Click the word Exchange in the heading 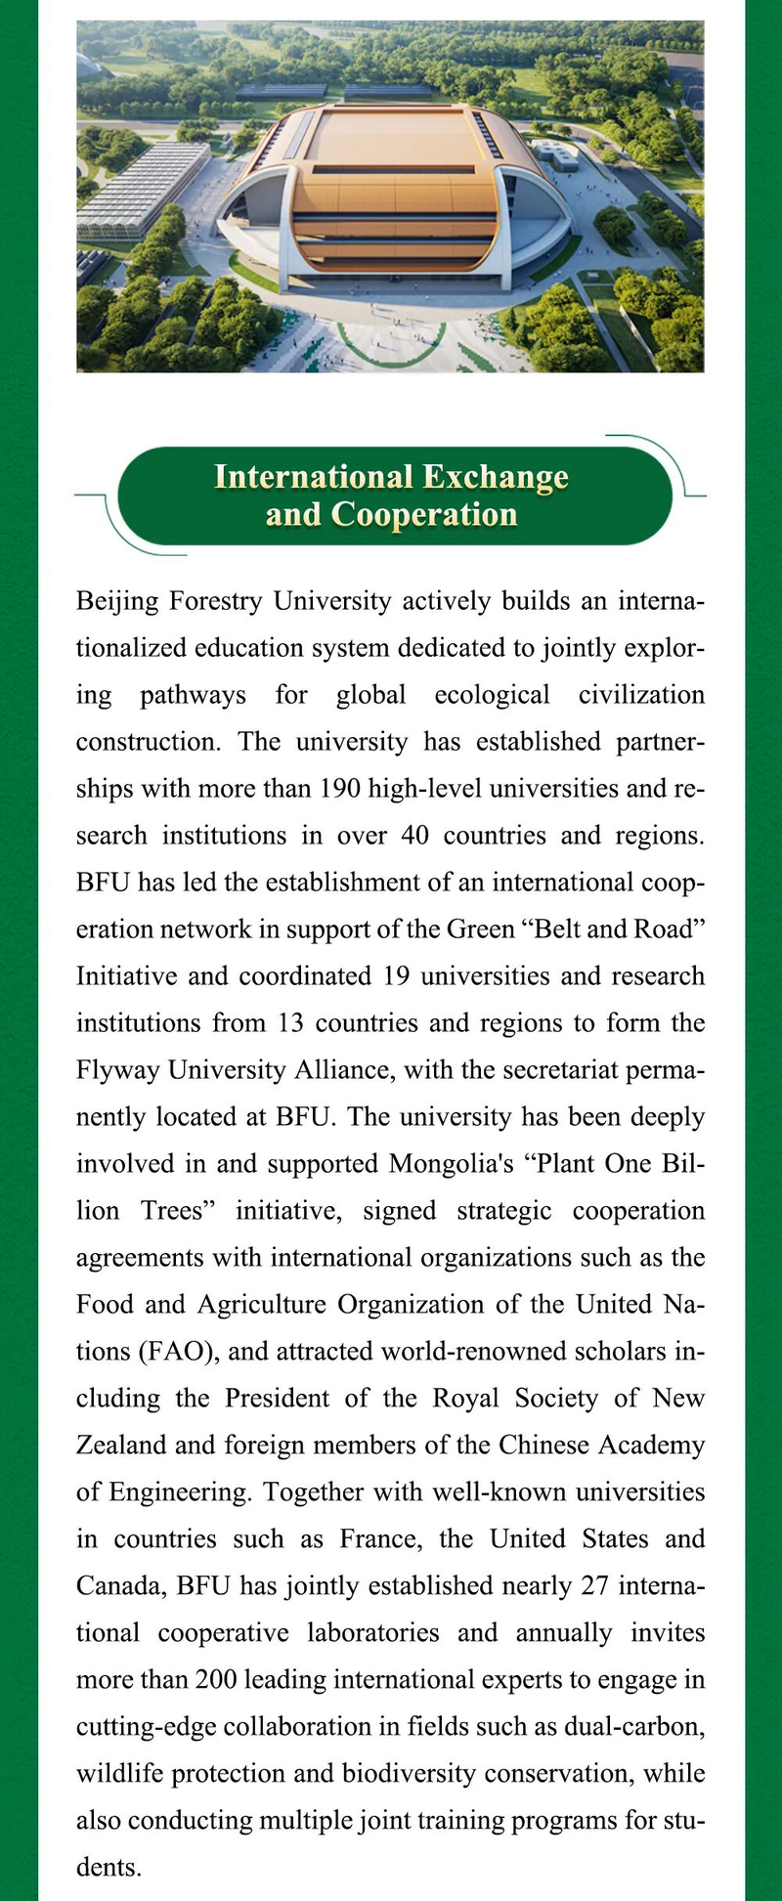(x=495, y=477)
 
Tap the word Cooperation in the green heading (x=423, y=514)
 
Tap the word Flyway (x=118, y=1069)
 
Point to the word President (x=277, y=1398)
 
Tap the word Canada (x=121, y=1585)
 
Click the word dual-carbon (x=633, y=1726)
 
